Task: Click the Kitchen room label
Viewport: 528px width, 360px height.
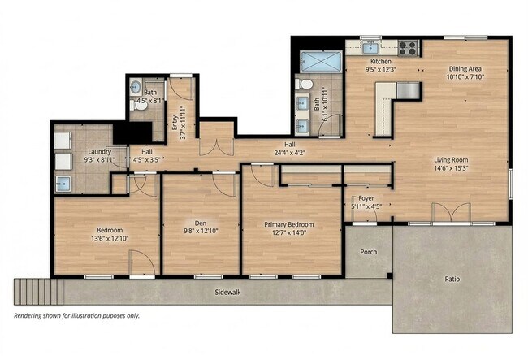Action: point(381,62)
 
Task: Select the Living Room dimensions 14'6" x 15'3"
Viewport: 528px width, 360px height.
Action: point(454,168)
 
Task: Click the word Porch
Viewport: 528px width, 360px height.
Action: point(369,251)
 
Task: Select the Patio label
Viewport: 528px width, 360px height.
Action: point(452,279)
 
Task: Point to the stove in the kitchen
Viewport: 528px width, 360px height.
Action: point(408,46)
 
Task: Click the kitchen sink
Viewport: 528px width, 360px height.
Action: point(370,46)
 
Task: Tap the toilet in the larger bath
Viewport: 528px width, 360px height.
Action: point(306,84)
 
